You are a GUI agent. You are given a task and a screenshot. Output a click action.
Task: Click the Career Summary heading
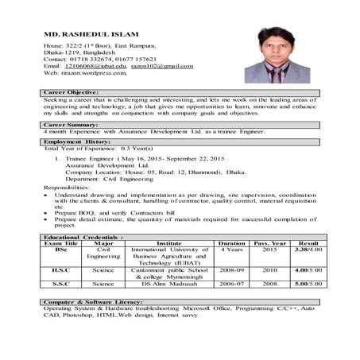click(71, 125)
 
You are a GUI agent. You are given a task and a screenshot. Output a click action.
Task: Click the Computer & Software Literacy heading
click(94, 302)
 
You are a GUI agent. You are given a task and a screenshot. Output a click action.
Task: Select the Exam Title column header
click(61, 243)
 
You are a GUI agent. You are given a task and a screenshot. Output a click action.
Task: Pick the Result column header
click(308, 243)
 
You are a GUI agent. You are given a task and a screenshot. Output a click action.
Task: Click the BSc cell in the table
click(61, 250)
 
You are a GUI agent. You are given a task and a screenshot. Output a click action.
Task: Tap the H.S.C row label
click(61, 269)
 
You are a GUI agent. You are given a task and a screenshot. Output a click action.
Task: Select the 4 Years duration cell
click(231, 250)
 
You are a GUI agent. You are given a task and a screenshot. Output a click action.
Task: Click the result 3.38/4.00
click(308, 250)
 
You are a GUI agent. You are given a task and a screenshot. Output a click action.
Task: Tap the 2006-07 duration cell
click(231, 283)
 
